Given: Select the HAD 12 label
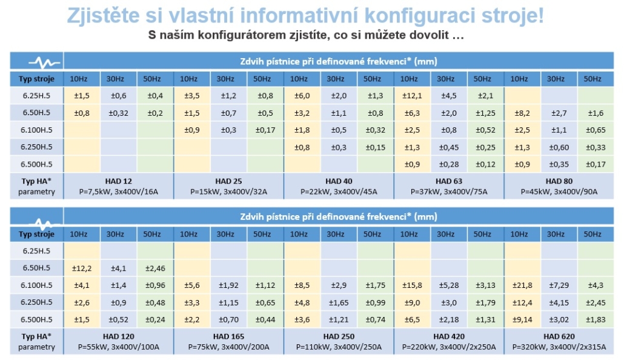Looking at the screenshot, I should pyautogui.click(x=118, y=181).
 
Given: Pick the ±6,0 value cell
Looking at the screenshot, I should pyautogui.click(x=302, y=96).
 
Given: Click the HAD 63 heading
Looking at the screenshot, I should pyautogui.click(x=448, y=181).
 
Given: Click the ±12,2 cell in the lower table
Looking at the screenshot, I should pyautogui.click(x=82, y=268).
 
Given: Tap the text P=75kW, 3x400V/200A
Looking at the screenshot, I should pyautogui.click(x=228, y=347).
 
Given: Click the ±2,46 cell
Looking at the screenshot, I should pyautogui.click(x=155, y=268).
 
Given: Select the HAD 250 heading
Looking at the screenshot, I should pyautogui.click(x=339, y=336).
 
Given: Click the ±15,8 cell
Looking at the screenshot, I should pyautogui.click(x=412, y=286).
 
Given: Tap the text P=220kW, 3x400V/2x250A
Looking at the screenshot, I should pyautogui.click(x=448, y=347).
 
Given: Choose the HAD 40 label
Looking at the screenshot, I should pyautogui.click(x=338, y=181).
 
